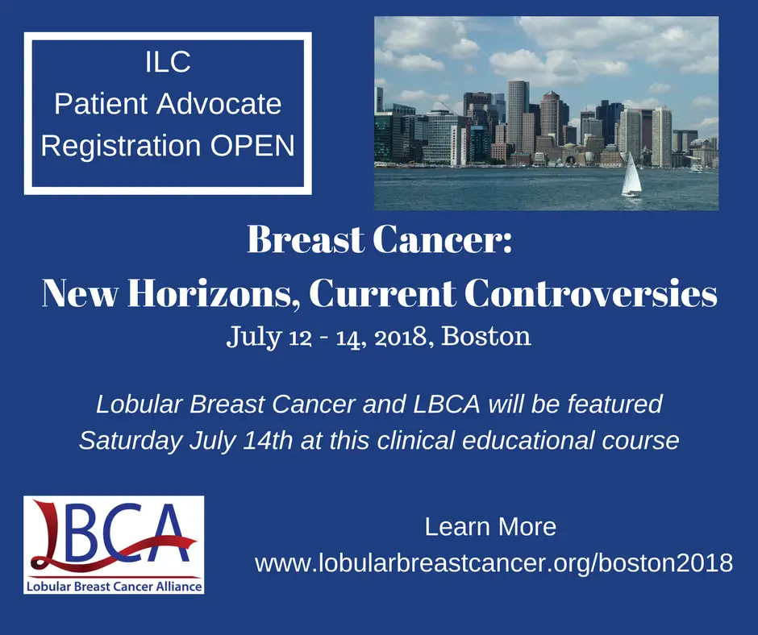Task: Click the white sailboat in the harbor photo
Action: click(x=631, y=175)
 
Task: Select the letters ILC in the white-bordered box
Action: click(x=168, y=62)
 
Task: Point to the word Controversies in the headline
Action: click(x=591, y=293)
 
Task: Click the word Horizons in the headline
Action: click(x=211, y=293)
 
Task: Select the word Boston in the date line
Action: click(x=485, y=336)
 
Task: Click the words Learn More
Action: click(x=490, y=526)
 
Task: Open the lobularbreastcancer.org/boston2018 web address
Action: click(x=494, y=563)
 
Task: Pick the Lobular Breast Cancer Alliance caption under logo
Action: click(x=114, y=587)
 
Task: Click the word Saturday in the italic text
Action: click(x=131, y=441)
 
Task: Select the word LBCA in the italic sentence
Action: click(x=446, y=404)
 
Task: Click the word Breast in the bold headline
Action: click(x=306, y=239)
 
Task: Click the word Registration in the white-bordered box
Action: click(x=121, y=147)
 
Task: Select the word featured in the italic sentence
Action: click(x=615, y=404)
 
